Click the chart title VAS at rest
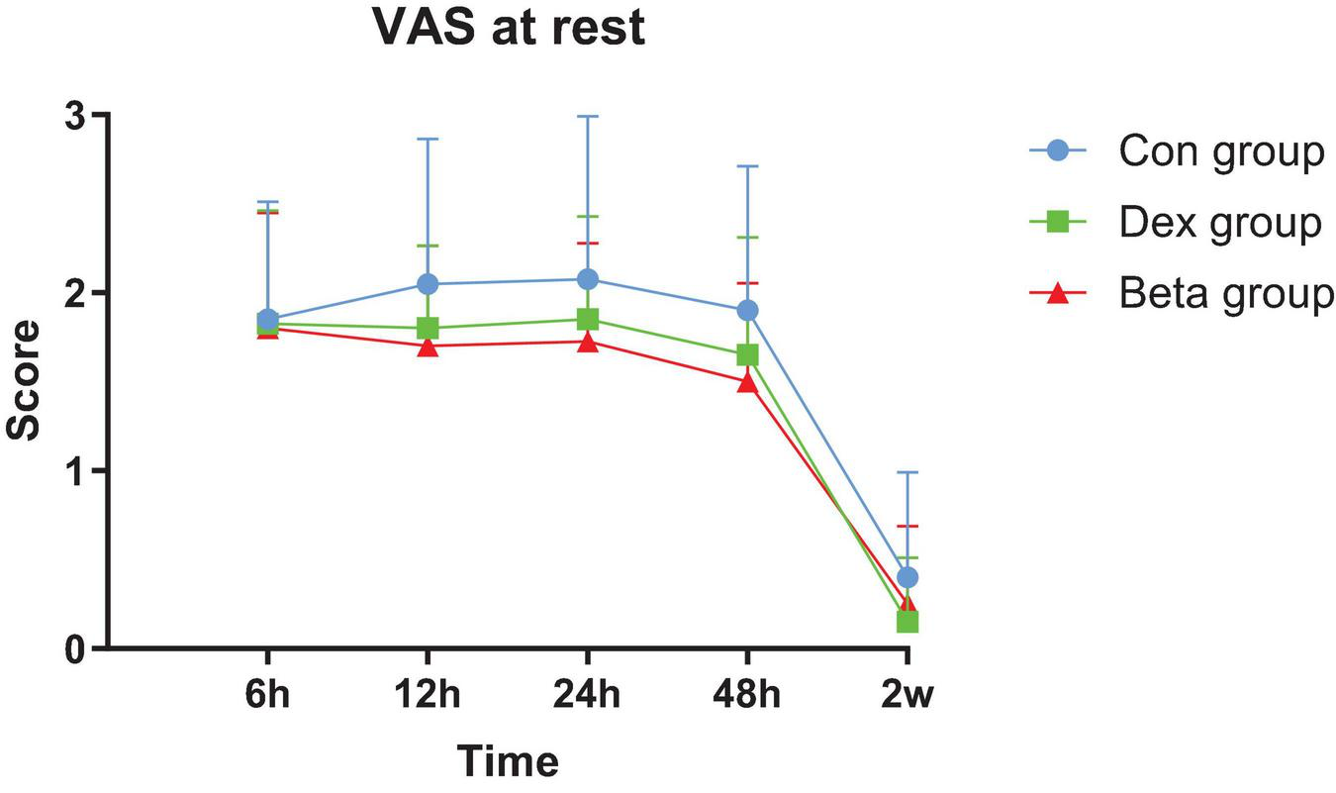[509, 28]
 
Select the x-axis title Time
[508, 762]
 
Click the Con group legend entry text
[1221, 151]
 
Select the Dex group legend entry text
[1220, 223]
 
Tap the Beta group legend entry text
[1226, 294]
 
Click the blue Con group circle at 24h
[587, 279]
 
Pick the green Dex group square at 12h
[428, 328]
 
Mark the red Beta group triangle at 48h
[747, 382]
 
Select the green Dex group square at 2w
[907, 622]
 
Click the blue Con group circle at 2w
[907, 577]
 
